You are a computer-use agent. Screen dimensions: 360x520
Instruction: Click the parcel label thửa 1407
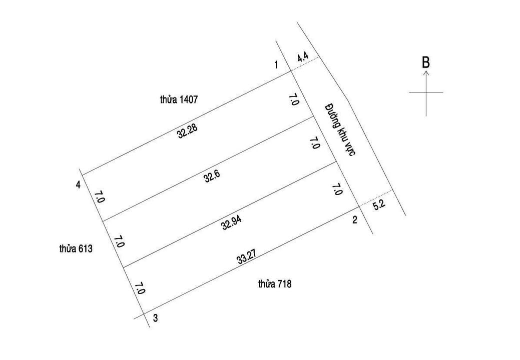click(179, 99)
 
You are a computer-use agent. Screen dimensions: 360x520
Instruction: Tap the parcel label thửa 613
click(75, 248)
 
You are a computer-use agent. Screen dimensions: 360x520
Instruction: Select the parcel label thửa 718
click(275, 284)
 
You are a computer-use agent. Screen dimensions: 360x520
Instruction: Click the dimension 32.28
click(187, 131)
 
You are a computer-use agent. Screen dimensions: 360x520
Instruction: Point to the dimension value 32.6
click(212, 176)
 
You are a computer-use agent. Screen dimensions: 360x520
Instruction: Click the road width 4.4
click(302, 58)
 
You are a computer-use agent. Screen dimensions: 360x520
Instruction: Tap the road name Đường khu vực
click(339, 129)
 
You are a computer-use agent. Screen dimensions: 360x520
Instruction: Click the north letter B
click(425, 62)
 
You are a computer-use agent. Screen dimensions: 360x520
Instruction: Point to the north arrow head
click(426, 73)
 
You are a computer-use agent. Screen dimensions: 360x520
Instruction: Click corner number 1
click(276, 64)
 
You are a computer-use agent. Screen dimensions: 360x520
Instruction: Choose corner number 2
click(354, 219)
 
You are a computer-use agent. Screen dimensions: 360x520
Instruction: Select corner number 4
click(78, 185)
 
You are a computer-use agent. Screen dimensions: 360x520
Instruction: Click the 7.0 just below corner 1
click(294, 99)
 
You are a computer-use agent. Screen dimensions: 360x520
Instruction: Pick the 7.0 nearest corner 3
click(140, 288)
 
